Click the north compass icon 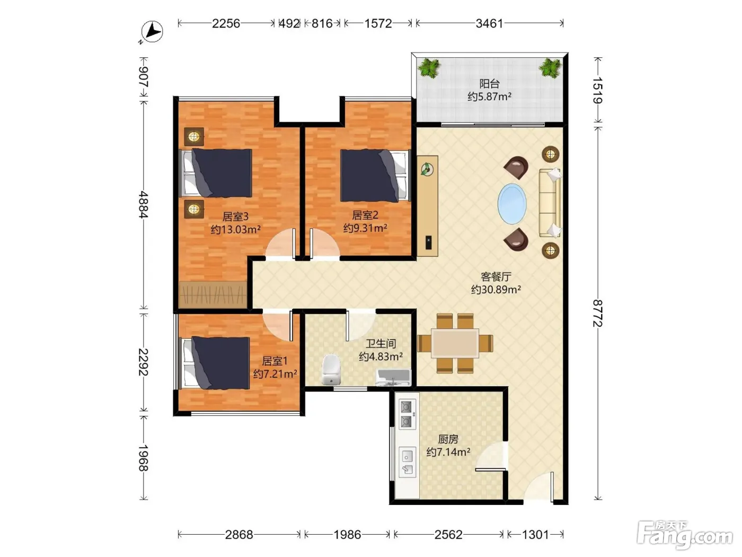click(x=152, y=32)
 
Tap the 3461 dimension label click(x=489, y=23)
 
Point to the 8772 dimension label click(x=598, y=313)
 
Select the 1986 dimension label click(x=347, y=534)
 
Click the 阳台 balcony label click(x=489, y=83)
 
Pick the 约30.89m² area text click(x=496, y=290)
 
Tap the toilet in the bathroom click(x=331, y=369)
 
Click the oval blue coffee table click(x=512, y=204)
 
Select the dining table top click(x=455, y=343)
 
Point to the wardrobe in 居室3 click(x=213, y=294)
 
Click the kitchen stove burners click(x=407, y=414)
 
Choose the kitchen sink click(x=407, y=462)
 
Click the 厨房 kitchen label click(x=448, y=439)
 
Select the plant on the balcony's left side click(x=429, y=68)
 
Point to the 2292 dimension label click(x=143, y=362)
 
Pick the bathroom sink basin click(x=393, y=378)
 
